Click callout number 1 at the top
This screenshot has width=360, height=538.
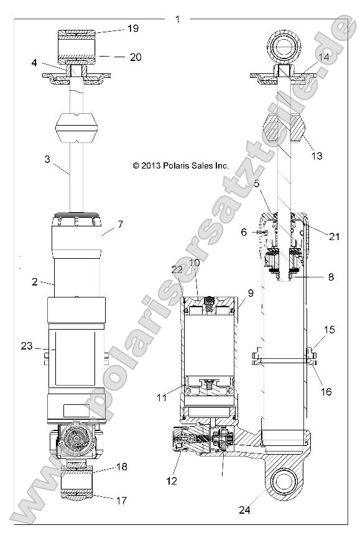(178, 19)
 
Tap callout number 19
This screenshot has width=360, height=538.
(132, 28)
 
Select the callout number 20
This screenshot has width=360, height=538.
(136, 57)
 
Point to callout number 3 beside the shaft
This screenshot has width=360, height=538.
(47, 159)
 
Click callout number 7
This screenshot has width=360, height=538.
(121, 223)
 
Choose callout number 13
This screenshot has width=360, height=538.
(316, 156)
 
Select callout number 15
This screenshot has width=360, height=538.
(329, 330)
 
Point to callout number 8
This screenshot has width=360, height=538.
(331, 277)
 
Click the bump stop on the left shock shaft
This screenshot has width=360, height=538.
(78, 128)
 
